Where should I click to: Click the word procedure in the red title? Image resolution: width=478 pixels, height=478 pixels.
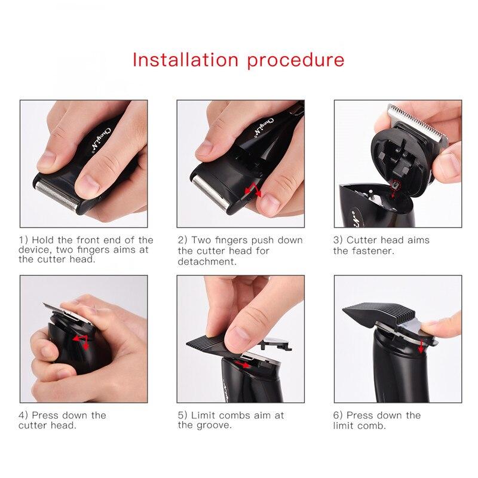point(296,61)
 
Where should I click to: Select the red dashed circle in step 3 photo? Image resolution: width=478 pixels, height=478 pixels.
point(396,184)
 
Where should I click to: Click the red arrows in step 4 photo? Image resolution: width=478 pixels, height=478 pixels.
point(81,341)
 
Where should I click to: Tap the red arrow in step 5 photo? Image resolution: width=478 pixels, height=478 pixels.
point(243,364)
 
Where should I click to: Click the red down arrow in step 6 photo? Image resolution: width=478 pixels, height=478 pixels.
point(421,346)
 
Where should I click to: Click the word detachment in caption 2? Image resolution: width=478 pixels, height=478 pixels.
point(207,262)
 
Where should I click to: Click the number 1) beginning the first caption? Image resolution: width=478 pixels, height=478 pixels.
point(23,240)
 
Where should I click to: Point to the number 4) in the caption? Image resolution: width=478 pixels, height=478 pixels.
point(23,415)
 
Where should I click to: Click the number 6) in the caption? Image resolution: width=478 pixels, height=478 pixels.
point(338,415)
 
